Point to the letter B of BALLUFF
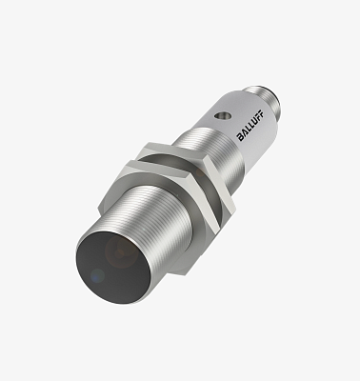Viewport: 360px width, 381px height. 241,137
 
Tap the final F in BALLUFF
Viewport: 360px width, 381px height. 260,123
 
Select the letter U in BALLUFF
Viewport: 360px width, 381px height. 253,128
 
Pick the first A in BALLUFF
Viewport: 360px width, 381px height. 244,134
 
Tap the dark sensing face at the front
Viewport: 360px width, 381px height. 112,268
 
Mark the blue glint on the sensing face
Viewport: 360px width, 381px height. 97,275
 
